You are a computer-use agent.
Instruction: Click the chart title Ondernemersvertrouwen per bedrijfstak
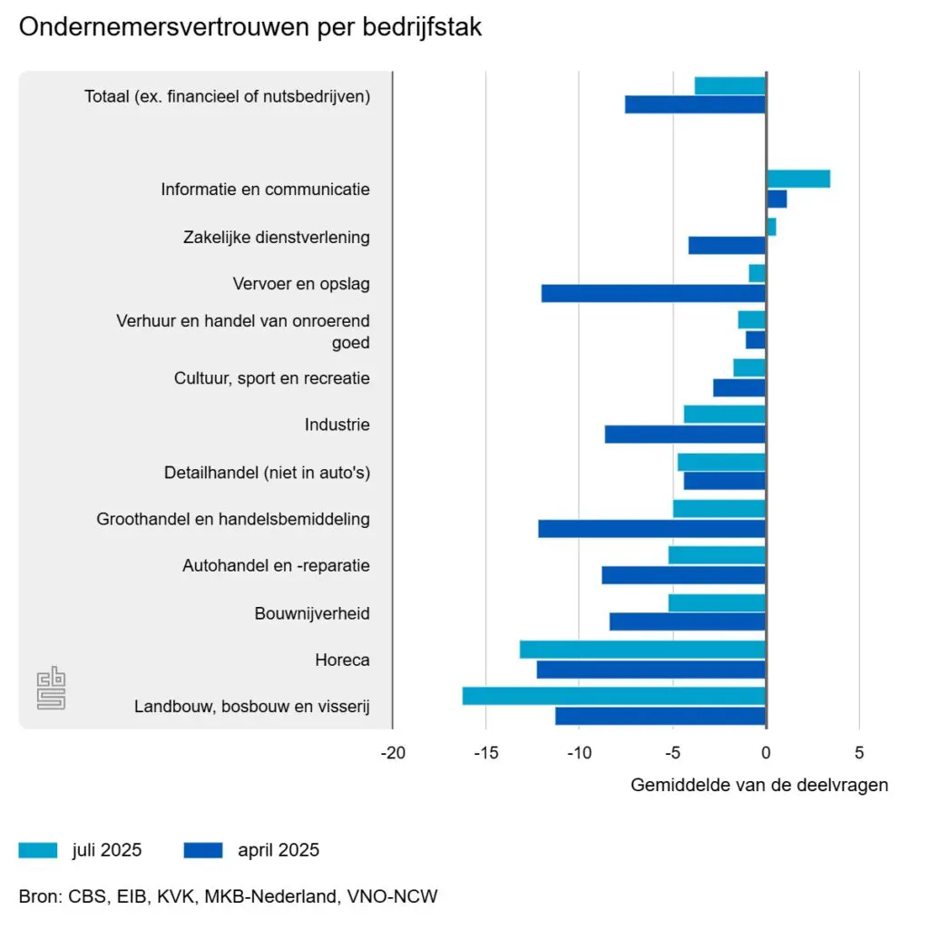(250, 28)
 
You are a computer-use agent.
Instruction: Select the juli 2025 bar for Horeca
(642, 650)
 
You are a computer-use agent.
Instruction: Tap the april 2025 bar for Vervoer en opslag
(653, 293)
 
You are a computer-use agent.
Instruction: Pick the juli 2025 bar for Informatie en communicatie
(798, 179)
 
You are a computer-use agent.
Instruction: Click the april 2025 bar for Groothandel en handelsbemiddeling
(651, 528)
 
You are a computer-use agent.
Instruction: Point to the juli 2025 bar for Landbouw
(613, 696)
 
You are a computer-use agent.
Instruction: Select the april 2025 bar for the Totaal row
(695, 104)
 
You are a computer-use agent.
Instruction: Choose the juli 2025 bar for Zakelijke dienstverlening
(771, 227)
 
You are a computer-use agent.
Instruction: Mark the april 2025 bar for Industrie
(685, 435)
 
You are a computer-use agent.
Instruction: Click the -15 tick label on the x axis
(486, 752)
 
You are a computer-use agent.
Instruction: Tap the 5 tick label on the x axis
(859, 752)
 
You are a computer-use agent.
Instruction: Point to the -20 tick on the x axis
(393, 752)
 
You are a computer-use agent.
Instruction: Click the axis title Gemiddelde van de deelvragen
(759, 785)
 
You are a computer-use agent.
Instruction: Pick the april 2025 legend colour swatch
(202, 850)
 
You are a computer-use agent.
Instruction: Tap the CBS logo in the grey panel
(51, 689)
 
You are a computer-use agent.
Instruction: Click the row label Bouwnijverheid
(312, 613)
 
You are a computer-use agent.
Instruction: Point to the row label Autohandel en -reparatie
(276, 566)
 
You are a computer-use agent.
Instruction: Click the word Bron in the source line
(37, 896)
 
